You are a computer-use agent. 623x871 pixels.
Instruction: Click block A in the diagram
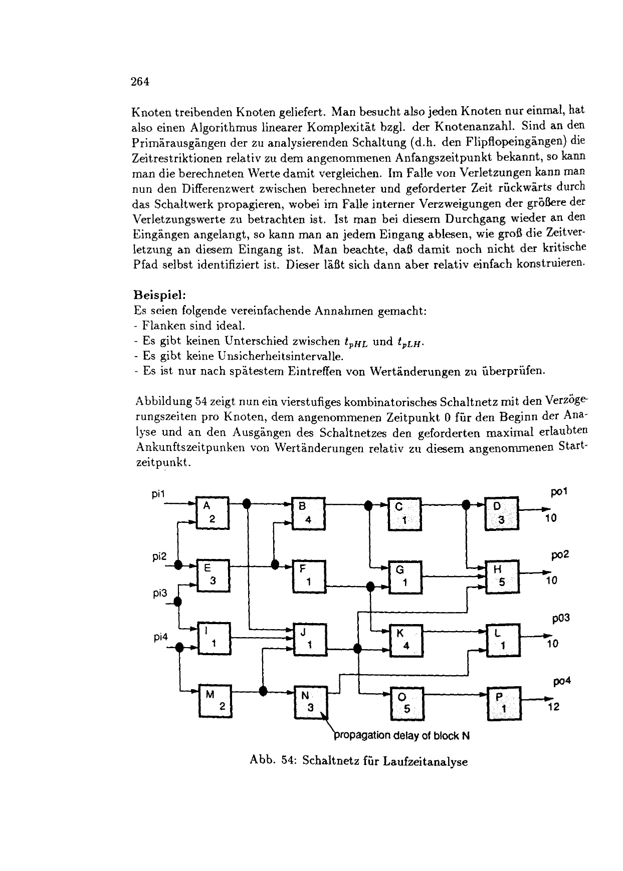click(x=213, y=512)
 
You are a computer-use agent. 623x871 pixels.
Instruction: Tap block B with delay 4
click(x=308, y=512)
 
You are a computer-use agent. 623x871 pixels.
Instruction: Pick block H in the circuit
click(x=502, y=575)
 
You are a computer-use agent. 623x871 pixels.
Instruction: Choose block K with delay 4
click(x=406, y=640)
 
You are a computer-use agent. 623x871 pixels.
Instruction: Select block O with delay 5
click(x=406, y=703)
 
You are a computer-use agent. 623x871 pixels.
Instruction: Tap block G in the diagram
click(x=405, y=576)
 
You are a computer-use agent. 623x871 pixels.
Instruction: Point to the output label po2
click(x=559, y=555)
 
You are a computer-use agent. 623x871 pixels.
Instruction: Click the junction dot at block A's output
click(x=246, y=503)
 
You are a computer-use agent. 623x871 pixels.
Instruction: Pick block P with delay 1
click(x=504, y=703)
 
